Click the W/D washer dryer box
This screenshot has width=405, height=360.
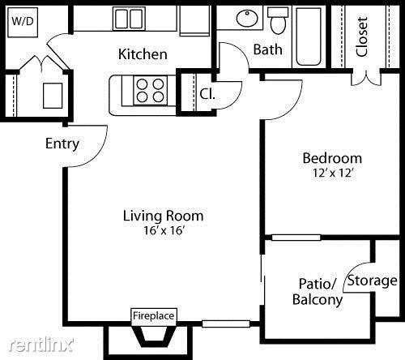click(x=23, y=22)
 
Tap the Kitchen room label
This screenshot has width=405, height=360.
click(x=143, y=54)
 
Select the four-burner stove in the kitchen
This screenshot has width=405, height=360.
click(x=150, y=91)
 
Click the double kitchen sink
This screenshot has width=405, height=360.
click(x=129, y=19)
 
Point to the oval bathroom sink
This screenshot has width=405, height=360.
click(x=247, y=18)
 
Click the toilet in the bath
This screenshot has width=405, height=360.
click(x=278, y=20)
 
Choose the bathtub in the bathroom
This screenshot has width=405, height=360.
click(x=309, y=36)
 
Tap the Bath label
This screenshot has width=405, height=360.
click(x=268, y=49)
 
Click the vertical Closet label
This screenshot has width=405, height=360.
click(x=362, y=36)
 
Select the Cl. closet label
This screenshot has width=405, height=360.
click(x=207, y=94)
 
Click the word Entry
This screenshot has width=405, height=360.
click(x=62, y=144)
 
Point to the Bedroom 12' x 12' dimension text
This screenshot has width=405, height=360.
click(x=333, y=173)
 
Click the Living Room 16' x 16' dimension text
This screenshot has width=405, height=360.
click(x=164, y=230)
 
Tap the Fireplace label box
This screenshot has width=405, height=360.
click(x=154, y=315)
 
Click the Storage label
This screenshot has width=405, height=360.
click(x=372, y=281)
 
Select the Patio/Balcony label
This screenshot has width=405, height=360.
click(x=318, y=291)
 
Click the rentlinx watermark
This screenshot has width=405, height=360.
click(x=41, y=345)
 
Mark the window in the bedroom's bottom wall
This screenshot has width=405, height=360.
click(x=296, y=238)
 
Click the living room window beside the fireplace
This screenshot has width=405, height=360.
click(x=226, y=324)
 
